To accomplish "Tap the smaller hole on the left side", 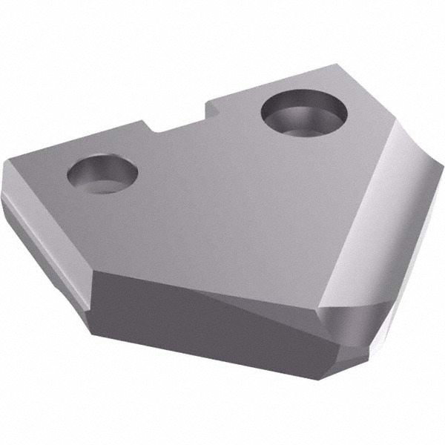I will (102, 175).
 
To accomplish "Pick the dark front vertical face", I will (185, 311).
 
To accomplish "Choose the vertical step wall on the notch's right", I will (212, 110).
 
